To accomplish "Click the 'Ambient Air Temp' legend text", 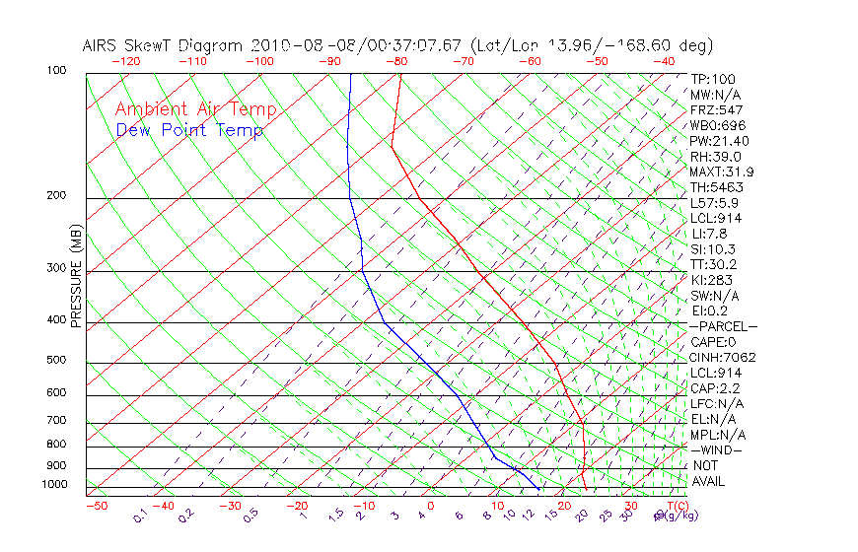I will pos(195,109).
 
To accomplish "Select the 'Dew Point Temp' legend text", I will pos(189,130).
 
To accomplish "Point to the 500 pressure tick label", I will pos(55,360).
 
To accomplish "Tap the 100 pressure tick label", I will pos(55,71).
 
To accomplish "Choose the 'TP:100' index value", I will pos(712,79).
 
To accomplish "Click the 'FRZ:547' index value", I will pos(716,109).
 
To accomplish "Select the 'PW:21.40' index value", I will pos(720,141).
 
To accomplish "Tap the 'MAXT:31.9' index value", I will pos(723,172).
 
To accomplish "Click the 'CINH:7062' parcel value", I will pos(723,357).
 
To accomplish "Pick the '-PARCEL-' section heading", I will pos(723,326).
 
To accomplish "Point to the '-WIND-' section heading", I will pos(716,449).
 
